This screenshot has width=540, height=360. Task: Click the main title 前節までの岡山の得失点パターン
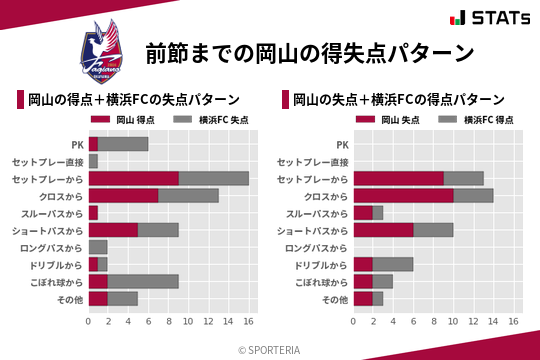[309, 53]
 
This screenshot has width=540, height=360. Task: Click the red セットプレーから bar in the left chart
[133, 178]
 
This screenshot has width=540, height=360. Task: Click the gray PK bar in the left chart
[123, 144]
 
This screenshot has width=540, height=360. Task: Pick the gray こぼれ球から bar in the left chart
[143, 281]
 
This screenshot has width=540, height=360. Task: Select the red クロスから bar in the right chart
[403, 196]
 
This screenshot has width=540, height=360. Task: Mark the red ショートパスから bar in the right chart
[383, 230]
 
